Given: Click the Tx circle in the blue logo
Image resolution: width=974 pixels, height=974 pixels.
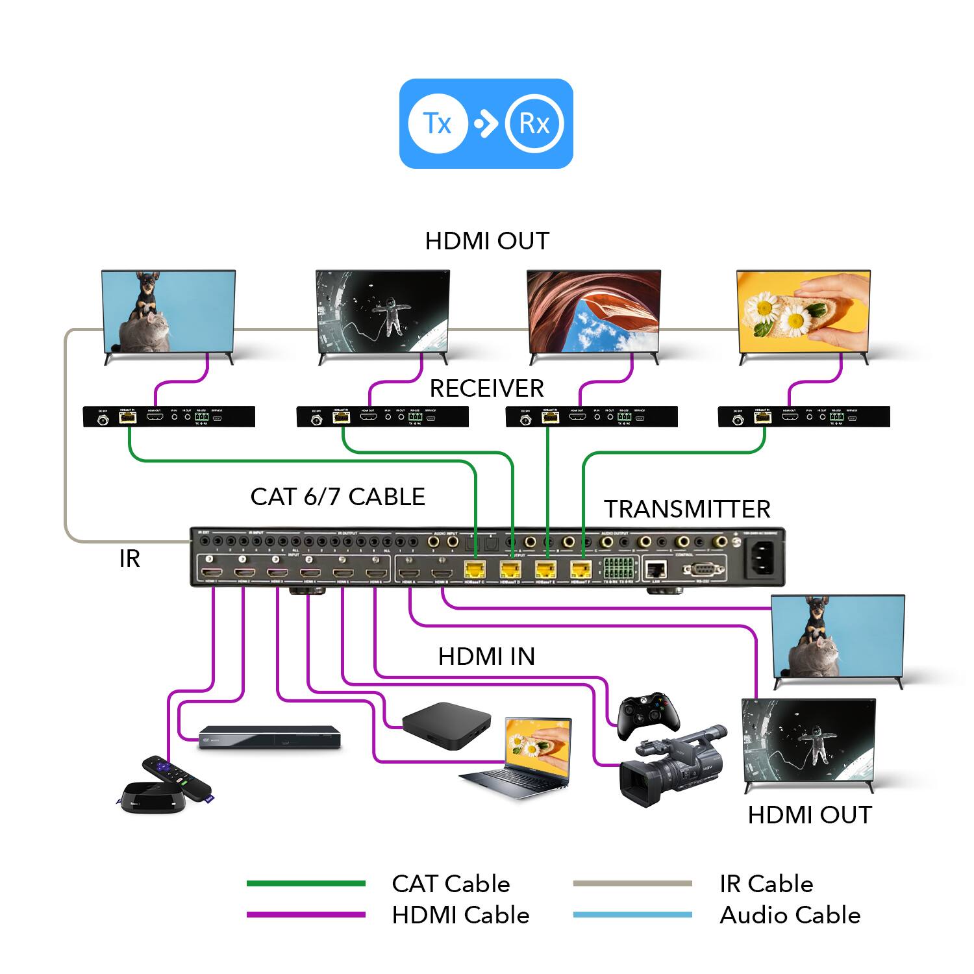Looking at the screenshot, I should [x=438, y=123].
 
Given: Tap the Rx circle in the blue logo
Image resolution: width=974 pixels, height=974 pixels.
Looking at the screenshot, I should [x=534, y=123].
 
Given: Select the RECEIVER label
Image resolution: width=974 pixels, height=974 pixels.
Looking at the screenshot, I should [x=486, y=388].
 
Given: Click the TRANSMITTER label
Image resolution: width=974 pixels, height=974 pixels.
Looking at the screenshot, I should [x=687, y=509].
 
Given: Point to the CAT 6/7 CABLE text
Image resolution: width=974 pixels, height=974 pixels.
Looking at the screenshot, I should [x=338, y=497].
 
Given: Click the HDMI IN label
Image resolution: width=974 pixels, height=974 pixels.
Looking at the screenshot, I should [x=486, y=656].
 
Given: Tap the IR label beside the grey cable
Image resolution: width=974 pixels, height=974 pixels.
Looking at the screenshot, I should [x=129, y=558].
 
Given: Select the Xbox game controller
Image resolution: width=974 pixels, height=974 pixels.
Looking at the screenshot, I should [x=648, y=715].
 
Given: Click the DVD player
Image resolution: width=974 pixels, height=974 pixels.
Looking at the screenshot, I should [x=269, y=737].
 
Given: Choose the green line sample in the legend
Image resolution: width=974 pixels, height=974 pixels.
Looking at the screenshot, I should [x=306, y=884].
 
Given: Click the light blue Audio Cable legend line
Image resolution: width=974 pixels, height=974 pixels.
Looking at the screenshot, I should [x=632, y=915].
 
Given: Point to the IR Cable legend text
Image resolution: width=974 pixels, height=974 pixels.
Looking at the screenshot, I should [x=766, y=884].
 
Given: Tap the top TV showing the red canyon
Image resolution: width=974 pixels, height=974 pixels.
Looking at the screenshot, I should [x=593, y=312].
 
